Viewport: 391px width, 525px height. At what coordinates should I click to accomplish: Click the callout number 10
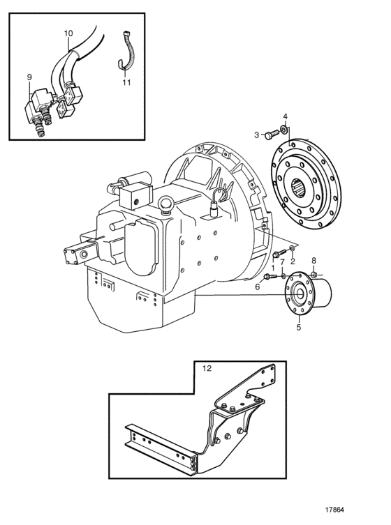click(x=68, y=33)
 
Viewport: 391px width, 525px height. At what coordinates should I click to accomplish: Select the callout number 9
click(x=29, y=77)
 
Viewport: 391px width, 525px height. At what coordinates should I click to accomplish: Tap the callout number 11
click(x=126, y=82)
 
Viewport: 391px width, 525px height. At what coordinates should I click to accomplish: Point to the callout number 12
click(x=207, y=368)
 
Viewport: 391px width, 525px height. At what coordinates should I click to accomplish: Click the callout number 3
click(x=256, y=135)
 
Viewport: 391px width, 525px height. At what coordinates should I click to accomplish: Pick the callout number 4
click(x=285, y=116)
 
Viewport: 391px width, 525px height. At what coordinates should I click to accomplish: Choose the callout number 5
click(x=298, y=327)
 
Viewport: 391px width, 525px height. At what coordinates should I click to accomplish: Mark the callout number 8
click(x=314, y=260)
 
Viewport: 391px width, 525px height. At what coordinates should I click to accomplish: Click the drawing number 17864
click(x=334, y=510)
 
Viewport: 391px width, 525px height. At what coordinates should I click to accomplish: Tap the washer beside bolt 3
click(x=284, y=129)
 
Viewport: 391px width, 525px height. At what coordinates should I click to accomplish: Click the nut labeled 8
click(x=314, y=275)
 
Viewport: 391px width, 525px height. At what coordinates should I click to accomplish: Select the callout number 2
click(x=293, y=261)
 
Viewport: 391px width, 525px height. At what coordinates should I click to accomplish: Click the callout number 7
click(x=282, y=261)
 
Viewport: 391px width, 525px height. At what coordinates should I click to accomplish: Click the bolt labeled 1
click(x=279, y=253)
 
